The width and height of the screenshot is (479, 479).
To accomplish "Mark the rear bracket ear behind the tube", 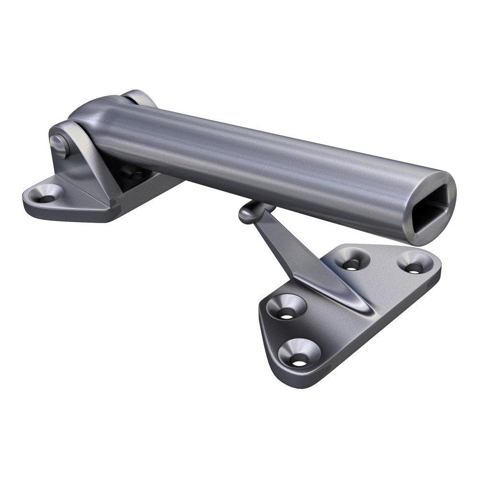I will pyautogui.click(x=139, y=98).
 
